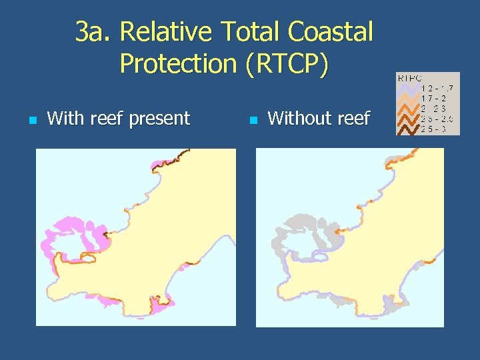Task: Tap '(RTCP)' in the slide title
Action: [x=287, y=63]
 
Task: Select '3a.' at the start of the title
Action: [x=94, y=31]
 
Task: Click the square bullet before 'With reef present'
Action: [x=31, y=121]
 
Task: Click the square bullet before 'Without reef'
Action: [x=252, y=121]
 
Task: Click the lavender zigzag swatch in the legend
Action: [x=409, y=87]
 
